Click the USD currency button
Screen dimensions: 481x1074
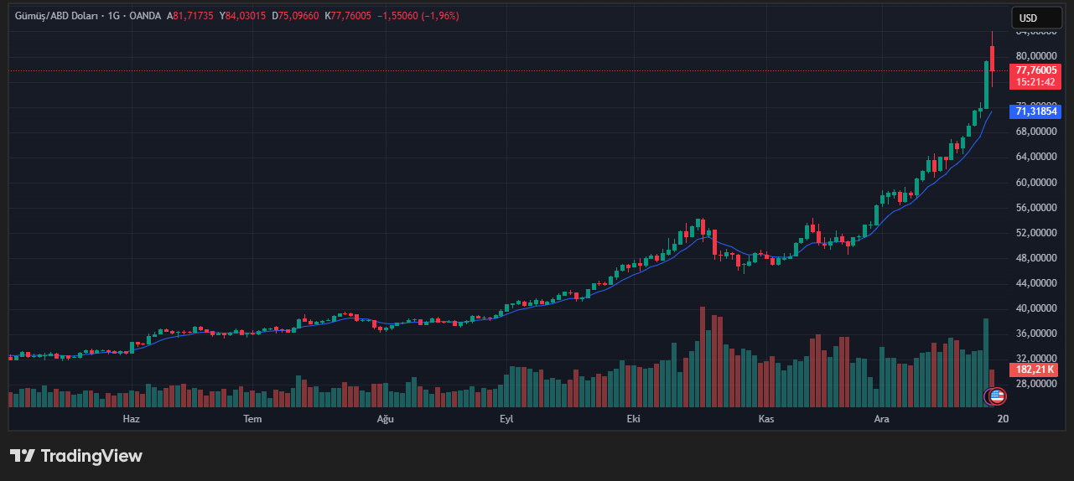point(1027,18)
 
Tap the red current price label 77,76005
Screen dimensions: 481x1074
point(1035,70)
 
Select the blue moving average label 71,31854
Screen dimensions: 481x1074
point(1035,111)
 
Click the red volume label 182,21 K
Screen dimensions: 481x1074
point(1035,370)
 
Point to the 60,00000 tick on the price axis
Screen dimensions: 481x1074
point(1035,183)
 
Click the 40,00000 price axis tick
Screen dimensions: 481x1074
point(1035,308)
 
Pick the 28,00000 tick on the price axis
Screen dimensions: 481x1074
point(1035,384)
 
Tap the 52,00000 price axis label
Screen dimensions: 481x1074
point(1035,233)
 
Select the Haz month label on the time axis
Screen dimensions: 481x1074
point(131,418)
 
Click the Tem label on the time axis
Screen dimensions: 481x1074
point(252,418)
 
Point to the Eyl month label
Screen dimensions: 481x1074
point(506,418)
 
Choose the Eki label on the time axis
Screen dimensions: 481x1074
point(633,418)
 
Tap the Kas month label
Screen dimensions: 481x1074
point(765,418)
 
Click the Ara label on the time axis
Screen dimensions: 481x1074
point(881,418)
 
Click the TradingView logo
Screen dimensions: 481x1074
point(76,456)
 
